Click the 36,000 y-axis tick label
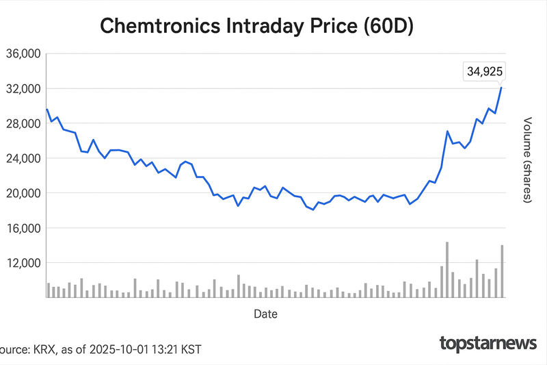(x=23, y=54)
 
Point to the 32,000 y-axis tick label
(x=23, y=89)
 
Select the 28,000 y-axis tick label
(x=23, y=123)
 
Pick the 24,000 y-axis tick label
(x=23, y=158)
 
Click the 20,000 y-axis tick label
(x=23, y=193)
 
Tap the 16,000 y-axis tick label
(x=23, y=228)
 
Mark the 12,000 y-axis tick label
(x=23, y=263)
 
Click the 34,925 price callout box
(x=485, y=71)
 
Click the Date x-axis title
(x=265, y=314)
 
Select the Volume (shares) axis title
(x=527, y=159)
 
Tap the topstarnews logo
(x=487, y=342)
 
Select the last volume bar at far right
(x=502, y=271)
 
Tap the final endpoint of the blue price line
(x=502, y=87)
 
